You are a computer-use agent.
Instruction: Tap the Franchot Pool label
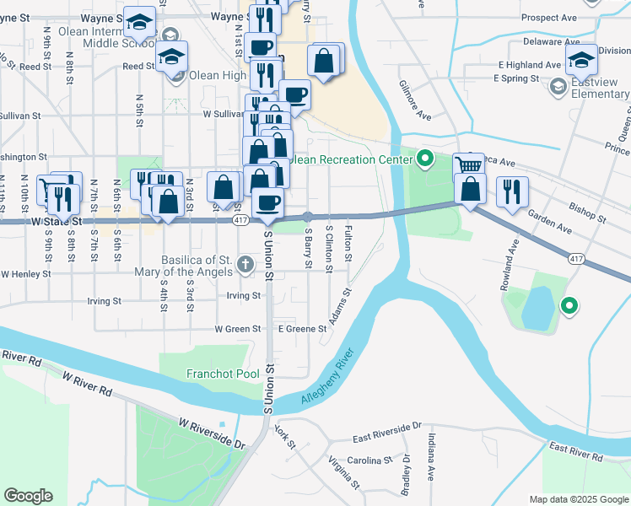[223, 374]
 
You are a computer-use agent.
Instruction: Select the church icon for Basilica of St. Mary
[245, 265]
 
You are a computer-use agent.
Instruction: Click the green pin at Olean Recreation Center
[425, 158]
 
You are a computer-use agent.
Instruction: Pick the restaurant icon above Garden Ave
[512, 191]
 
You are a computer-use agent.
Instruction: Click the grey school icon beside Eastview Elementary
[558, 87]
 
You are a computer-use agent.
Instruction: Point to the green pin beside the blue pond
[569, 306]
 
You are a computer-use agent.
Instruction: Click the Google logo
[28, 496]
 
